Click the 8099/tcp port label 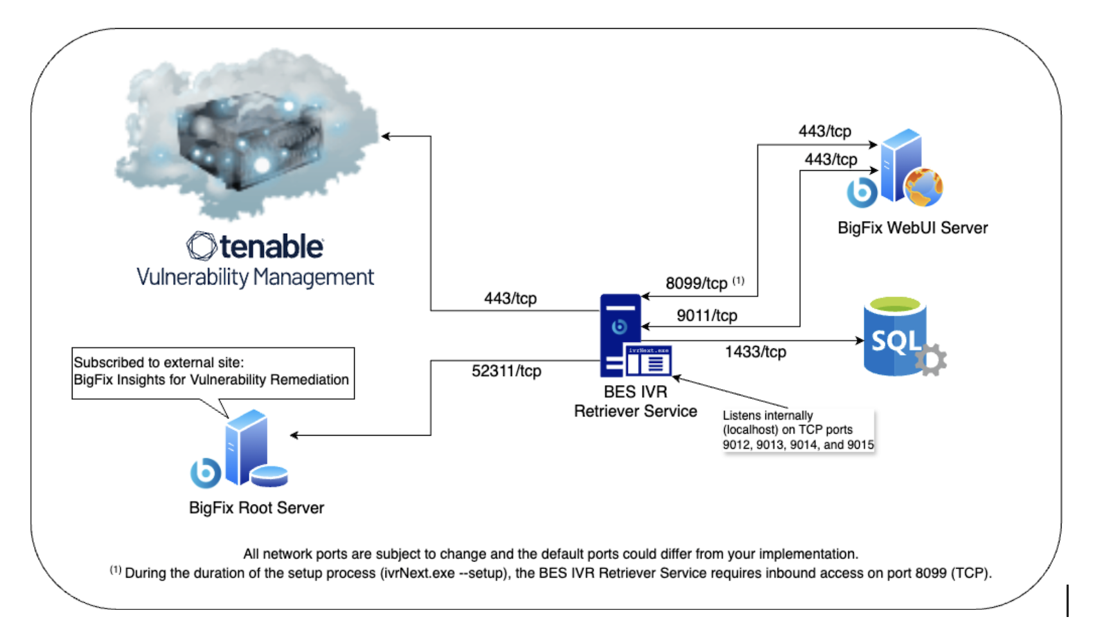click(x=697, y=283)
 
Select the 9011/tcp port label click(x=706, y=316)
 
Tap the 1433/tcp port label click(x=755, y=352)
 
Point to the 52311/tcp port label click(x=506, y=371)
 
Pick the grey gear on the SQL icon click(x=932, y=360)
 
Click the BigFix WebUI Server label click(x=912, y=228)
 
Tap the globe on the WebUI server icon click(x=923, y=187)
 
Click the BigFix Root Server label click(x=256, y=508)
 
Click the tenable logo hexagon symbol click(x=201, y=246)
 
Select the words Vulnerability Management click(x=255, y=278)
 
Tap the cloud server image click(x=247, y=135)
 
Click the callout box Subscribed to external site click(x=213, y=372)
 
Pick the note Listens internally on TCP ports click(x=797, y=430)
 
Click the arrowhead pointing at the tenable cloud click(x=386, y=136)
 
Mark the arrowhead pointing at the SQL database click(x=860, y=341)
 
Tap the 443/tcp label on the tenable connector click(x=510, y=298)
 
